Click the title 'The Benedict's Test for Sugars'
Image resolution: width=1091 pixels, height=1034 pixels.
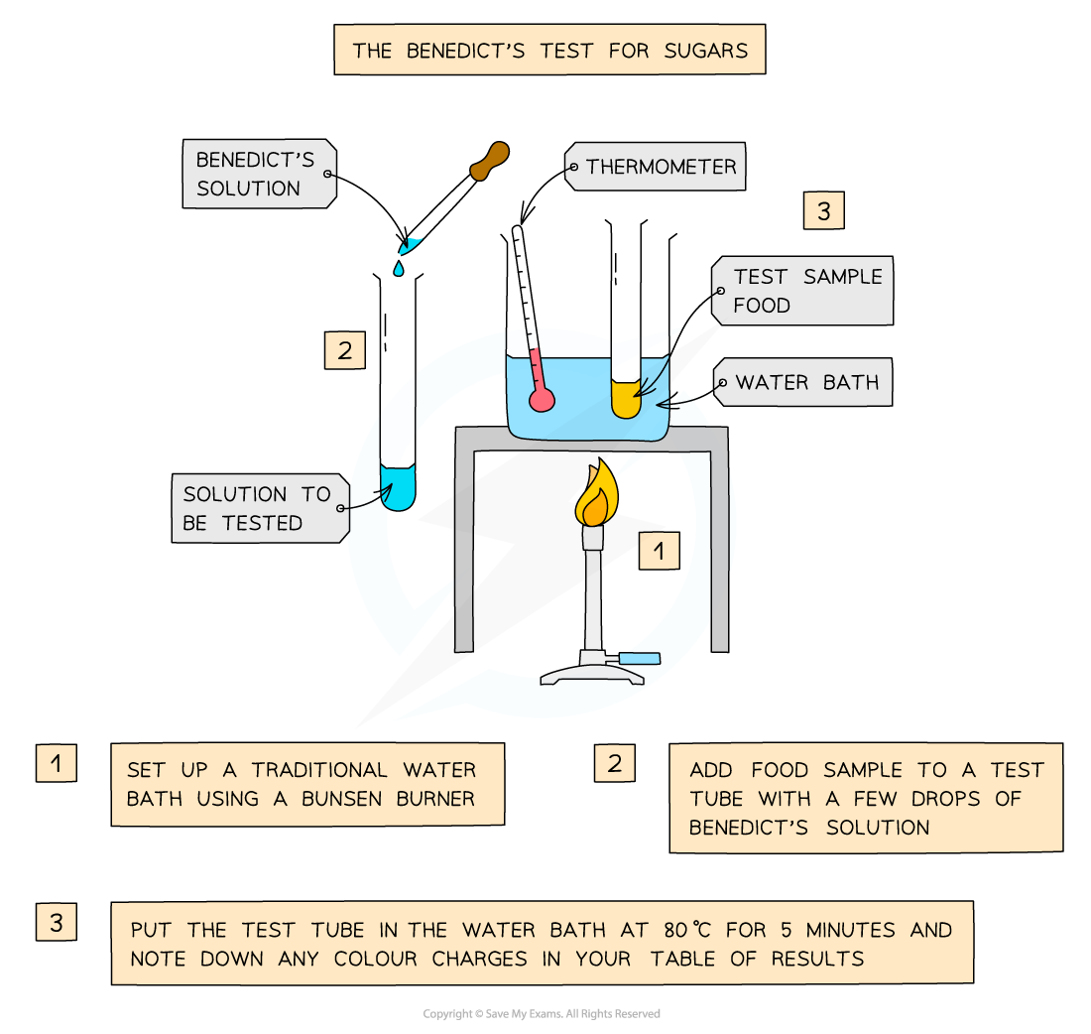click(549, 50)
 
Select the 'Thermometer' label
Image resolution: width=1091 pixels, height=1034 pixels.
click(660, 167)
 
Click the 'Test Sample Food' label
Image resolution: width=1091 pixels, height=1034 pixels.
click(805, 291)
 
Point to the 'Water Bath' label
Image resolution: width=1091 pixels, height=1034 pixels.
click(805, 383)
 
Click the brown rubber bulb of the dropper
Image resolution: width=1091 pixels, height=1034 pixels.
click(488, 162)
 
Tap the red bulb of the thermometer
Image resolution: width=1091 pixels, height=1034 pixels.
click(542, 399)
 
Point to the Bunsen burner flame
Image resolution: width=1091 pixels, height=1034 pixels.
click(595, 496)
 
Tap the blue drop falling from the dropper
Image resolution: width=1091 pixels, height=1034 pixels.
click(398, 268)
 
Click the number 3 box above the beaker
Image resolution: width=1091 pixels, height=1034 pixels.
click(823, 210)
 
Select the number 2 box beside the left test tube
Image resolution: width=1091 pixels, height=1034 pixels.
click(344, 349)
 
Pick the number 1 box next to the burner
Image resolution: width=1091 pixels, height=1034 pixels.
click(659, 550)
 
